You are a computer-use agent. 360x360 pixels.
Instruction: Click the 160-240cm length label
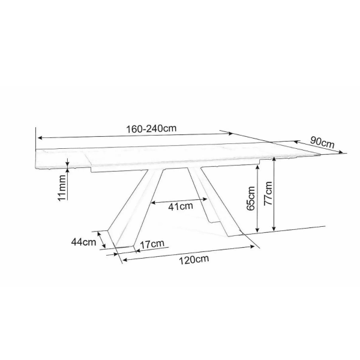click(x=152, y=129)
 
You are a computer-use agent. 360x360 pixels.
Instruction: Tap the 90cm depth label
click(x=322, y=142)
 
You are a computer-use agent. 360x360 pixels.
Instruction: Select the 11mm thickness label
click(x=62, y=188)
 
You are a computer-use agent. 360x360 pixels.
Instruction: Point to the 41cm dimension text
click(x=181, y=206)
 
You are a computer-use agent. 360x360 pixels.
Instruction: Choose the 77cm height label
click(x=268, y=193)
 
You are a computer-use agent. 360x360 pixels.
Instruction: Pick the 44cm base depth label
click(x=83, y=242)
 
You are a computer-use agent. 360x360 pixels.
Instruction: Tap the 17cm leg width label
click(x=152, y=244)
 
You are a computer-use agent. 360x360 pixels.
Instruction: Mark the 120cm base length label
click(x=194, y=260)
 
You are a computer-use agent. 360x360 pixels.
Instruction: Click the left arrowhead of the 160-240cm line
click(x=40, y=138)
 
